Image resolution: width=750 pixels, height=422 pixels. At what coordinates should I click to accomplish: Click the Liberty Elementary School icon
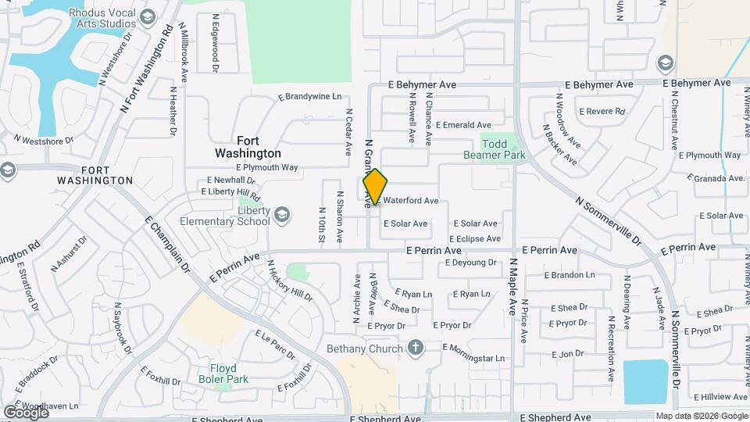pyautogui.click(x=282, y=214)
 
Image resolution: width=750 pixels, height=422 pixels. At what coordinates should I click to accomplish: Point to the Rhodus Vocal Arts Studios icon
pyautogui.click(x=147, y=16)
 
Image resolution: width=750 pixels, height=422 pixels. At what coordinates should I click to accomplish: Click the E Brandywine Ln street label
pyautogui.click(x=310, y=97)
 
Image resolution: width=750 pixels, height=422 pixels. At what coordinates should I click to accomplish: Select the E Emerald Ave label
pyautogui.click(x=463, y=125)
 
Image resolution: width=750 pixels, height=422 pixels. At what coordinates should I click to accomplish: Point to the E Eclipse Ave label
pyautogui.click(x=474, y=239)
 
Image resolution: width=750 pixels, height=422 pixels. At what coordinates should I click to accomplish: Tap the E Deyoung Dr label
pyautogui.click(x=470, y=263)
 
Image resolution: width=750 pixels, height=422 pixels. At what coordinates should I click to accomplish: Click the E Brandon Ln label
pyautogui.click(x=573, y=275)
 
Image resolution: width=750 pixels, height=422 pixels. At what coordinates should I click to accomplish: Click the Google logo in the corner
pyautogui.click(x=25, y=412)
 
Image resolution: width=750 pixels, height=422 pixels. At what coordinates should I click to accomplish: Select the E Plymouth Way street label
pyautogui.click(x=267, y=167)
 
